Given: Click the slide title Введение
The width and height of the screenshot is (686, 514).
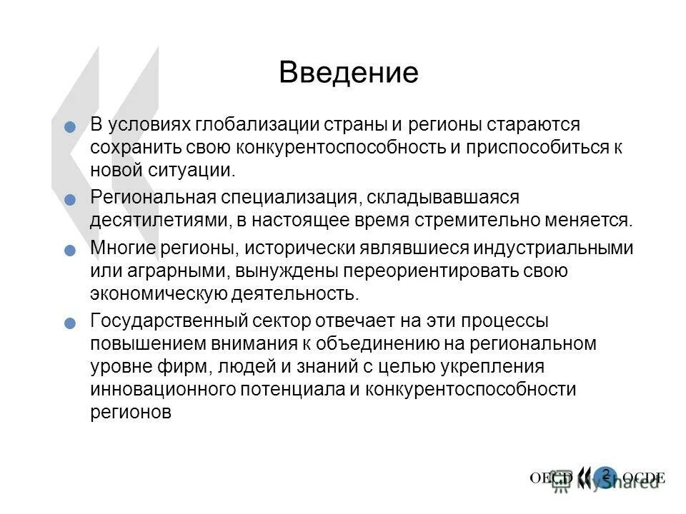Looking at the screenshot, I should click(x=348, y=73).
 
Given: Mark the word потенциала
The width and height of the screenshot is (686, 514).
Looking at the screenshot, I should click(x=290, y=389).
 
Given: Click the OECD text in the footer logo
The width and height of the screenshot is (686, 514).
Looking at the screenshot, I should click(x=551, y=478).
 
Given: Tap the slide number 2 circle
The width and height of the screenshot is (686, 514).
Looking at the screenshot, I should click(x=605, y=475).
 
